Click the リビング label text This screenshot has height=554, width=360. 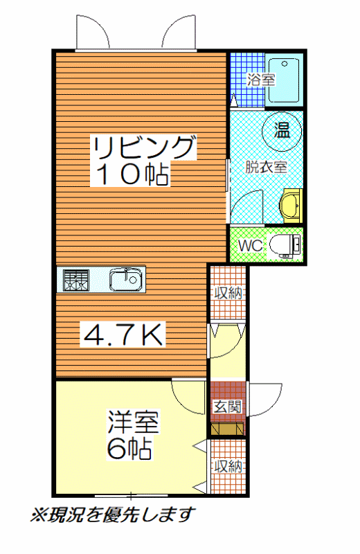pyautogui.click(x=143, y=148)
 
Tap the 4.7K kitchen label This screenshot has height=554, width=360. pyautogui.click(x=123, y=334)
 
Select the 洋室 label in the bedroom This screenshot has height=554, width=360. pyautogui.click(x=133, y=421)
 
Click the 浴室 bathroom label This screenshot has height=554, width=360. pyautogui.click(x=261, y=79)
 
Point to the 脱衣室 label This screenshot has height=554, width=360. pyautogui.click(x=266, y=167)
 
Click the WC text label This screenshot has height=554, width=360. pyautogui.click(x=250, y=245)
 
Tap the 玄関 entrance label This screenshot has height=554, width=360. pyautogui.click(x=228, y=407)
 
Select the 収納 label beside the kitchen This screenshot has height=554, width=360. pyautogui.click(x=228, y=293)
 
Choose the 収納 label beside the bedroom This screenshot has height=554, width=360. pyautogui.click(x=228, y=466)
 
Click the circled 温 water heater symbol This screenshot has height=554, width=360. pyautogui.click(x=282, y=131)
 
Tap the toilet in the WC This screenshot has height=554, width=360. pyautogui.click(x=285, y=245)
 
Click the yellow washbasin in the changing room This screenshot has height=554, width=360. pyautogui.click(x=291, y=206)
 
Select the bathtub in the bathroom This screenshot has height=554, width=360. pyautogui.click(x=284, y=80)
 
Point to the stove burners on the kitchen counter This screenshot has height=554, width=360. pyautogui.click(x=76, y=280)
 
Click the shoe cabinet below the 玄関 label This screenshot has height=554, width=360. pyautogui.click(x=228, y=429)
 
